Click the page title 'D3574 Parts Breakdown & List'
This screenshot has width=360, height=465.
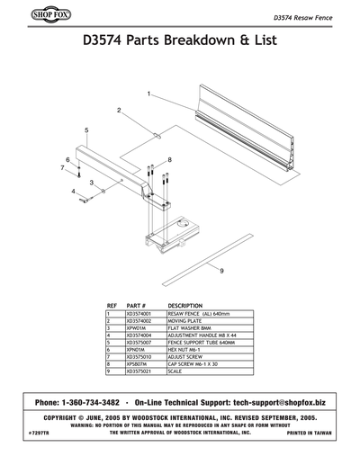(180, 42)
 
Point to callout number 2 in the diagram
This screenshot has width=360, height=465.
(119, 110)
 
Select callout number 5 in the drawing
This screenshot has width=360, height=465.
(86, 130)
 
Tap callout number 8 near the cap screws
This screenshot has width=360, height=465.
(168, 159)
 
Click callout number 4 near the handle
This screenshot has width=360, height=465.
(74, 191)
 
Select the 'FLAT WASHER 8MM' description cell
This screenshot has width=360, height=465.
(189, 328)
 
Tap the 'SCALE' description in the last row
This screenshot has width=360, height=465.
(175, 371)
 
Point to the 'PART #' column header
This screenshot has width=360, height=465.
(137, 306)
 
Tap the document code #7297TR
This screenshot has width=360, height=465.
(42, 433)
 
